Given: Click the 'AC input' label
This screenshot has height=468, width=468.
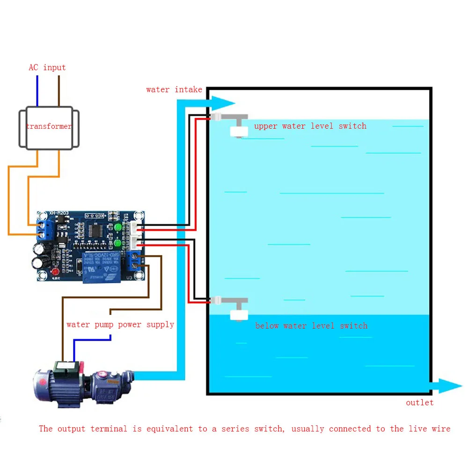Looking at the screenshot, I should pyautogui.click(x=47, y=67).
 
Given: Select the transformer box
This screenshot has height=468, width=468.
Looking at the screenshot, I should pyautogui.click(x=49, y=128).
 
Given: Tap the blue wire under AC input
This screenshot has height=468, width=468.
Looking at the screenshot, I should pyautogui.click(x=37, y=91).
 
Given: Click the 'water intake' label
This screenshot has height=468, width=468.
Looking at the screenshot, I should pyautogui.click(x=174, y=89).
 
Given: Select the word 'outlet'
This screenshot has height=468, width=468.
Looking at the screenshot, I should pyautogui.click(x=419, y=402).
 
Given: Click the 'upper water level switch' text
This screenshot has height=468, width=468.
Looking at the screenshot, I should pyautogui.click(x=310, y=126).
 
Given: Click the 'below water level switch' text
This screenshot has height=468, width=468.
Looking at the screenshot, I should pyautogui.click(x=311, y=326).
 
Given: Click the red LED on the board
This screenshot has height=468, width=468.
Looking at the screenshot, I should pyautogui.click(x=55, y=272).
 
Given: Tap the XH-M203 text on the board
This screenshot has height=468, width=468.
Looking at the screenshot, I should pyautogui.click(x=59, y=213).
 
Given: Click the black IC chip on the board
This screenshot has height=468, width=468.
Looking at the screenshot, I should pyautogui.click(x=98, y=230).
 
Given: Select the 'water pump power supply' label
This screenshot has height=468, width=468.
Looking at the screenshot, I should pyautogui.click(x=120, y=324).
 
